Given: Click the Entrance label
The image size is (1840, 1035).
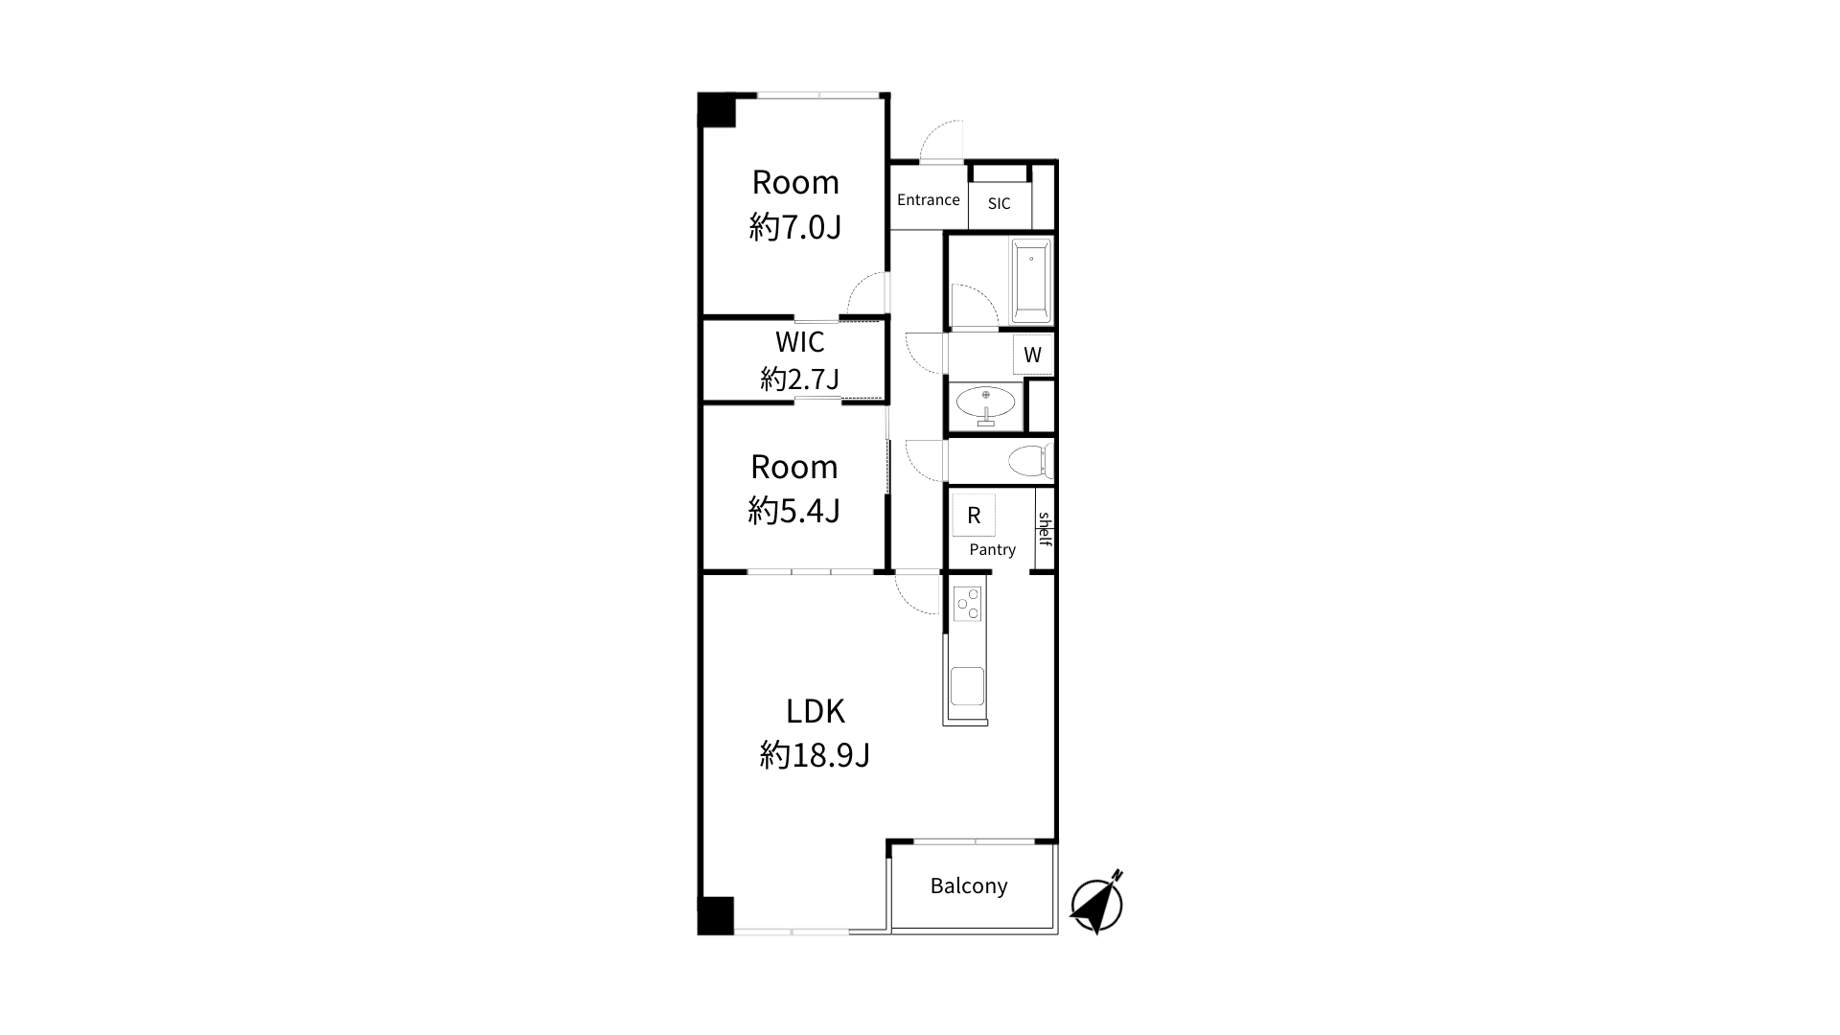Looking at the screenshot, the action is [x=928, y=199].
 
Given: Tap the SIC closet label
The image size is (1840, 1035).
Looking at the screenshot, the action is [x=999, y=203].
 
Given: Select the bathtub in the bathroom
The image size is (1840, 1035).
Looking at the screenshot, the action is [x=1031, y=281].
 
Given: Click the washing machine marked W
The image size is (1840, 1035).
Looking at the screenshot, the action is [x=1033, y=355].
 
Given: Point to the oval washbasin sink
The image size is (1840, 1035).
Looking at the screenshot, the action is [x=986, y=402].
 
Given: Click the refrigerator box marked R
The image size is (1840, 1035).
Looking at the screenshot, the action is [x=974, y=516].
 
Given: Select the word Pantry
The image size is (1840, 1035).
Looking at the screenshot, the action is [x=992, y=549].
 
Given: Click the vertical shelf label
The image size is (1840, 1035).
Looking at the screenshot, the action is [x=1045, y=528].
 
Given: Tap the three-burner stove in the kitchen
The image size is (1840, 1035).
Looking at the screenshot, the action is [x=968, y=604].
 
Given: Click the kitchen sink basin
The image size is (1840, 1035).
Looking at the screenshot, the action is [x=967, y=686].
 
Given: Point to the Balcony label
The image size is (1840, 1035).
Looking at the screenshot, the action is [x=969, y=885].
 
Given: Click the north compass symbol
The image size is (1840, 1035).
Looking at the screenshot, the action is [x=1097, y=902].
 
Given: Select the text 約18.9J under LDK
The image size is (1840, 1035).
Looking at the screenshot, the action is [x=815, y=755].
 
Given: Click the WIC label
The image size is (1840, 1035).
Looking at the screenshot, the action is [x=799, y=342].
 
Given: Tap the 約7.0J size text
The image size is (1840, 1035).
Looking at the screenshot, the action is [x=795, y=227].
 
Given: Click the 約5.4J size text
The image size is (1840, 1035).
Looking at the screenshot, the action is [x=794, y=511].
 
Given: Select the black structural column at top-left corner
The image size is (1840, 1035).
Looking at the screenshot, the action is [x=716, y=109].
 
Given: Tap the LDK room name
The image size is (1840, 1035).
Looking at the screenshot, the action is [x=816, y=712].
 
